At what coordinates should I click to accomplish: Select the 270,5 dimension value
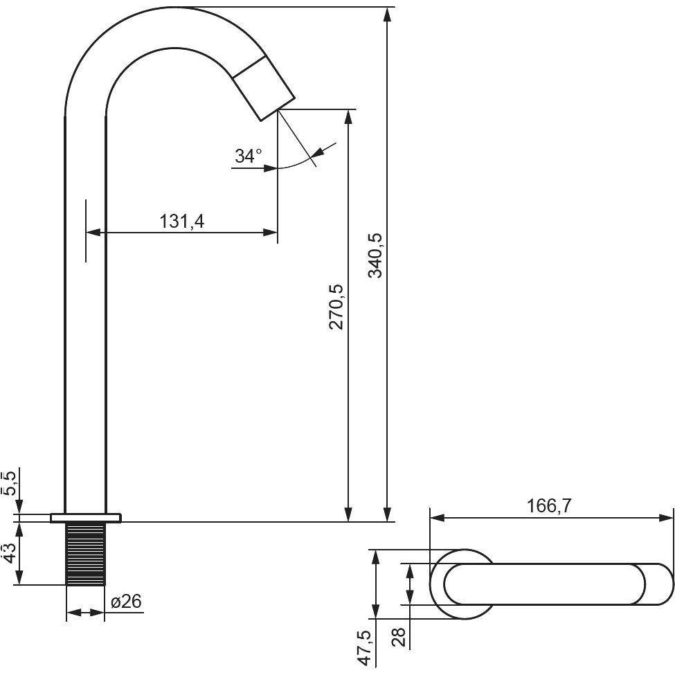click(336, 307)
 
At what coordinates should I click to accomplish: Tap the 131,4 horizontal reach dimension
click(181, 222)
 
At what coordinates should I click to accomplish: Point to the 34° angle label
click(249, 155)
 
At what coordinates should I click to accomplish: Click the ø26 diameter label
click(126, 602)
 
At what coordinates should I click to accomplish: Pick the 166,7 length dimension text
click(549, 506)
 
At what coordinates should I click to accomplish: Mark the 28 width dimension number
click(399, 637)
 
